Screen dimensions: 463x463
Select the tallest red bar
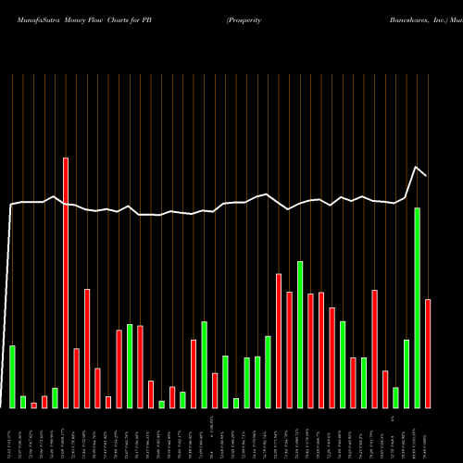[x=66, y=282]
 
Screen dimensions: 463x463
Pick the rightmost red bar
[x=428, y=353]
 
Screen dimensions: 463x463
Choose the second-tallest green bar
[x=300, y=334]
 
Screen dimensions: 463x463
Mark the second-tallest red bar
[x=279, y=340]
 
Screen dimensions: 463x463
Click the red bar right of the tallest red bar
[x=77, y=378]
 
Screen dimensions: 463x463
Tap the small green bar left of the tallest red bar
[x=55, y=397]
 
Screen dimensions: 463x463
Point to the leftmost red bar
[x=34, y=405]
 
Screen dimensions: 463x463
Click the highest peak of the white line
[x=416, y=167]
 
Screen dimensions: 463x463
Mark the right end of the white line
[x=426, y=175]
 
